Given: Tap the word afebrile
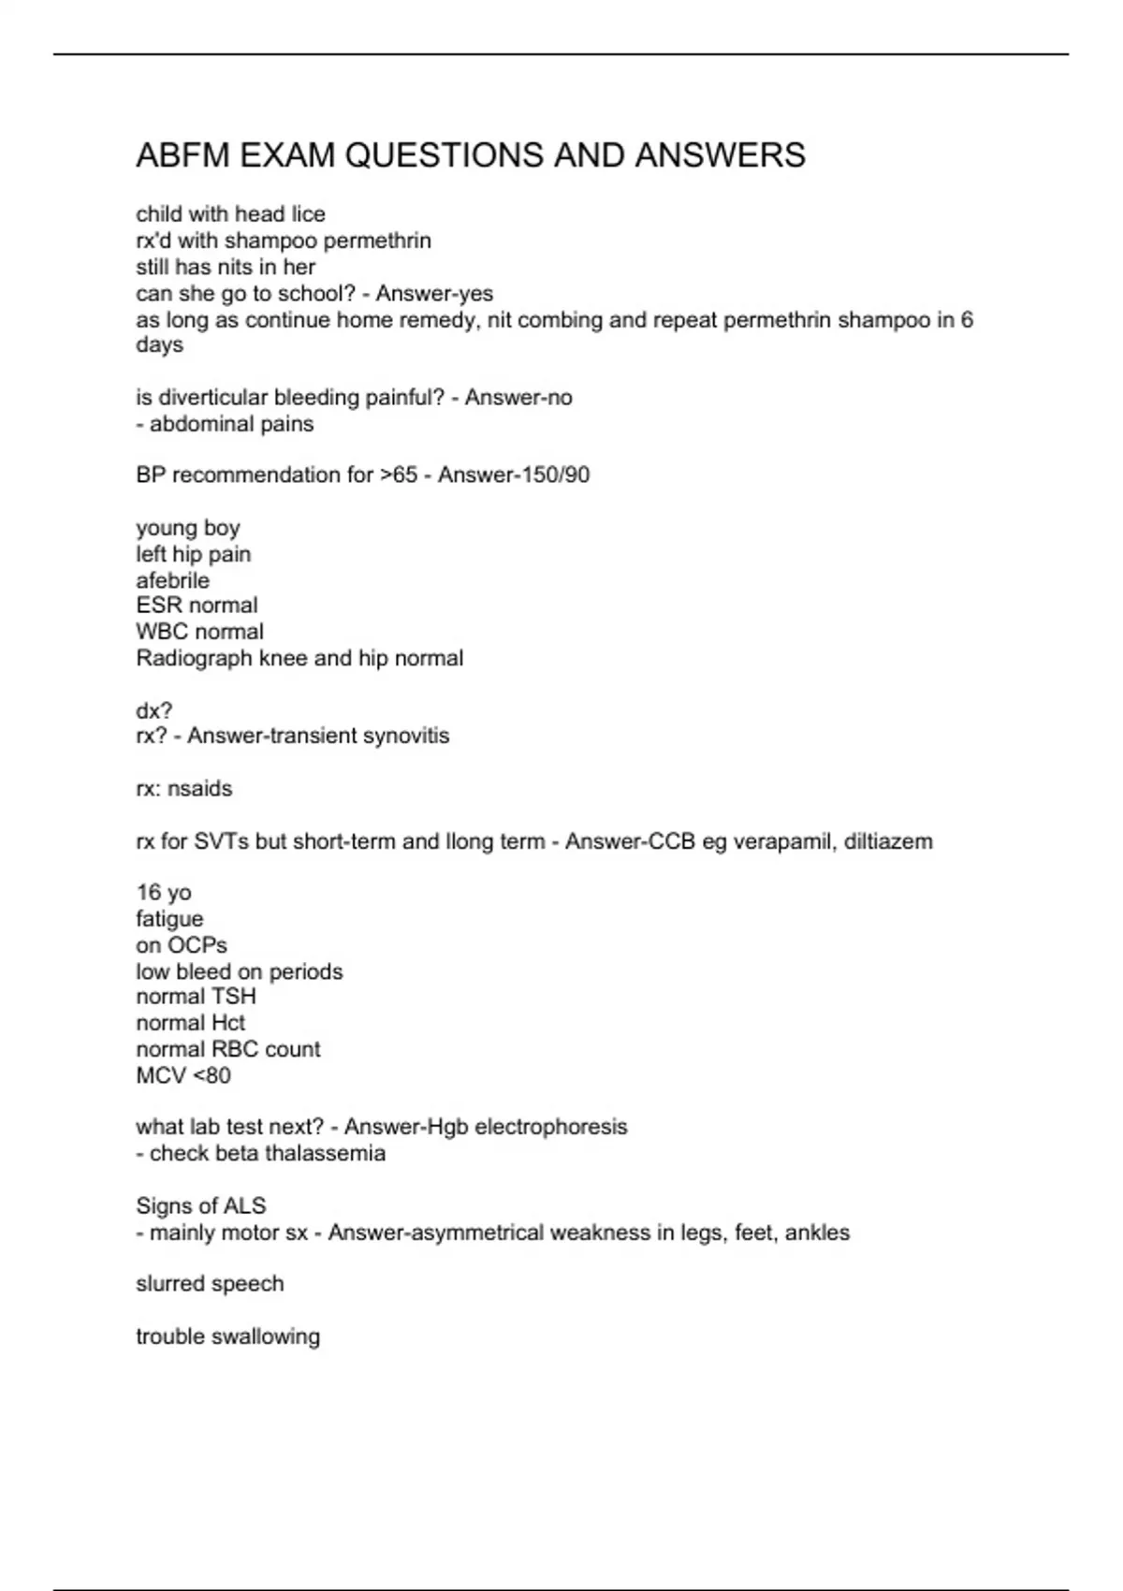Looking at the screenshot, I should (x=173, y=580).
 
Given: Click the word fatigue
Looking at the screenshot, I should (x=169, y=919).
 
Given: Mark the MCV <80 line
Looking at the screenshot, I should (x=183, y=1076).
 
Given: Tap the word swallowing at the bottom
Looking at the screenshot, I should (x=267, y=1336).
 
